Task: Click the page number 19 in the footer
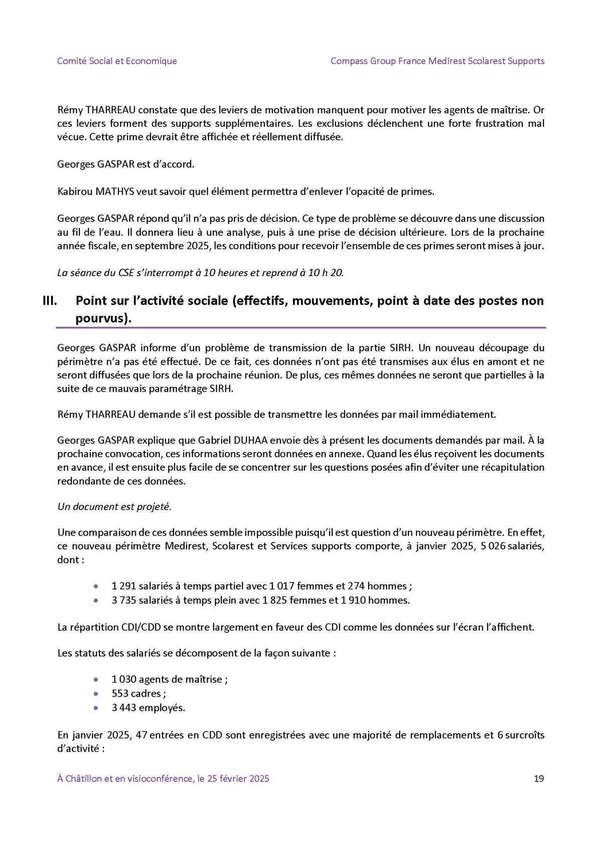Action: (539, 778)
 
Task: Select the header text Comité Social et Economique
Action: (117, 61)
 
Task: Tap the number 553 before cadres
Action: (120, 694)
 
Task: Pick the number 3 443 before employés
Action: (123, 708)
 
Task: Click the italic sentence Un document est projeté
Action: (114, 506)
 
